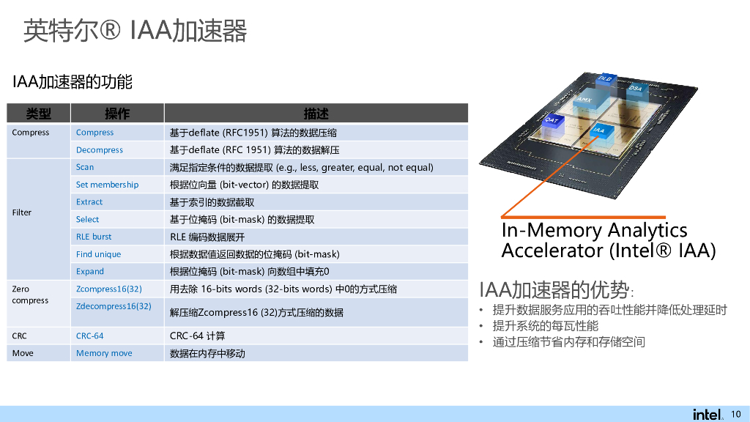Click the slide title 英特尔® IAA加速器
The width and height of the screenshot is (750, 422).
point(135,31)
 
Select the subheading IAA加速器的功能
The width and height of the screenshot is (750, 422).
point(73,81)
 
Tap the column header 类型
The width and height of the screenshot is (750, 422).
point(39,114)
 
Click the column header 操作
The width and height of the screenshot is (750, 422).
point(117,114)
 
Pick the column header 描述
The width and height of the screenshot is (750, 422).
point(316,114)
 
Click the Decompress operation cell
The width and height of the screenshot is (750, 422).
point(100,150)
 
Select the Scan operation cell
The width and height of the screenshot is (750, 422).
point(85,167)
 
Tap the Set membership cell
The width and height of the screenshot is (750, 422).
point(107,185)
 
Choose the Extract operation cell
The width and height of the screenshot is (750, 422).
point(89,202)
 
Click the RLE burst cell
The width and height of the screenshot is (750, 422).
point(94,237)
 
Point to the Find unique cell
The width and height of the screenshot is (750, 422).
point(98,254)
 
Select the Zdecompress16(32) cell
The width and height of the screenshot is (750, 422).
point(114,306)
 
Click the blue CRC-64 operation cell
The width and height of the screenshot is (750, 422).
point(89,336)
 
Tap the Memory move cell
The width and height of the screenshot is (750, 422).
point(104,353)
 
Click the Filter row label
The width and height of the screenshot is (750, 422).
point(22,212)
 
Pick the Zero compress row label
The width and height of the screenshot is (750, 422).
point(30,295)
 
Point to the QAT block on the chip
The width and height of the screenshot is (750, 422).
point(552,120)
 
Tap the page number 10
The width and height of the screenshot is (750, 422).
point(736,414)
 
